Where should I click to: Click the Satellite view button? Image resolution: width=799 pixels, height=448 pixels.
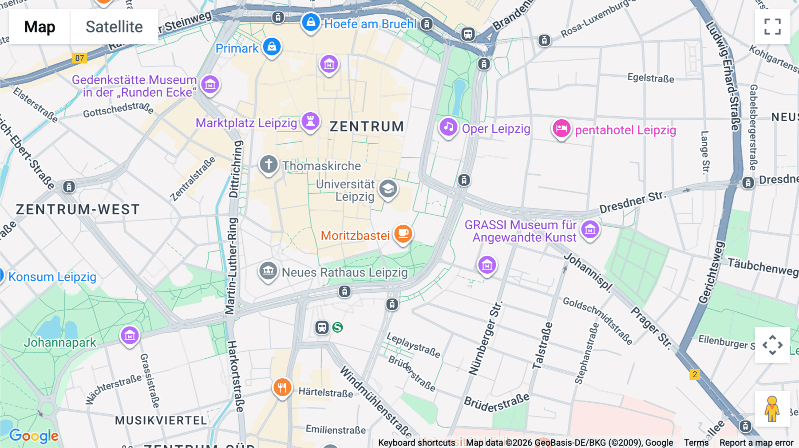[114, 27]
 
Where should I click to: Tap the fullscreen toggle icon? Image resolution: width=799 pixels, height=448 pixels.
[772, 27]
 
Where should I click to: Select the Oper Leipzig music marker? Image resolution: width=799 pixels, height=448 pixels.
[448, 127]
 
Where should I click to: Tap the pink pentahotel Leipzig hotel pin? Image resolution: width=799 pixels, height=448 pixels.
[561, 129]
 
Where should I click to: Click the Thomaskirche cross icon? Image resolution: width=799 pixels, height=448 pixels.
[269, 165]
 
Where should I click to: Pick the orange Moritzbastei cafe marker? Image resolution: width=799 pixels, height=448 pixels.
[403, 233]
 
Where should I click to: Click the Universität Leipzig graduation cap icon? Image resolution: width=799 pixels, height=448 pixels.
[388, 189]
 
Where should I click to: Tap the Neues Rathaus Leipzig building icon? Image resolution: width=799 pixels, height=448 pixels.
[268, 271]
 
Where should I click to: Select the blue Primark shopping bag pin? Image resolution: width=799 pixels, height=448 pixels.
[272, 47]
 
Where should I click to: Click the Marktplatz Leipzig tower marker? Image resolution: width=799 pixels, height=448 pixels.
[310, 121]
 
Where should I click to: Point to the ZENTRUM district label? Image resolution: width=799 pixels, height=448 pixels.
[367, 127]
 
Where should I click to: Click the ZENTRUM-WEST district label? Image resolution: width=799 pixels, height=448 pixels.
[78, 209]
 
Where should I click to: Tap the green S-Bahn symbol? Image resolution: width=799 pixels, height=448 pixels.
[338, 327]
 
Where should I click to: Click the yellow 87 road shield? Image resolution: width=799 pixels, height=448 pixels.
[79, 58]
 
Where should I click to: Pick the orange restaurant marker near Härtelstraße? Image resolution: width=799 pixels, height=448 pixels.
[282, 387]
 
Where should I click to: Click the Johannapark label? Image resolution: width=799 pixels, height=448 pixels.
[60, 342]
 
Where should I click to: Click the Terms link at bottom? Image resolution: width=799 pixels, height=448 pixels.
[696, 443]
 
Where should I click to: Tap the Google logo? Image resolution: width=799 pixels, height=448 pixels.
[34, 436]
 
